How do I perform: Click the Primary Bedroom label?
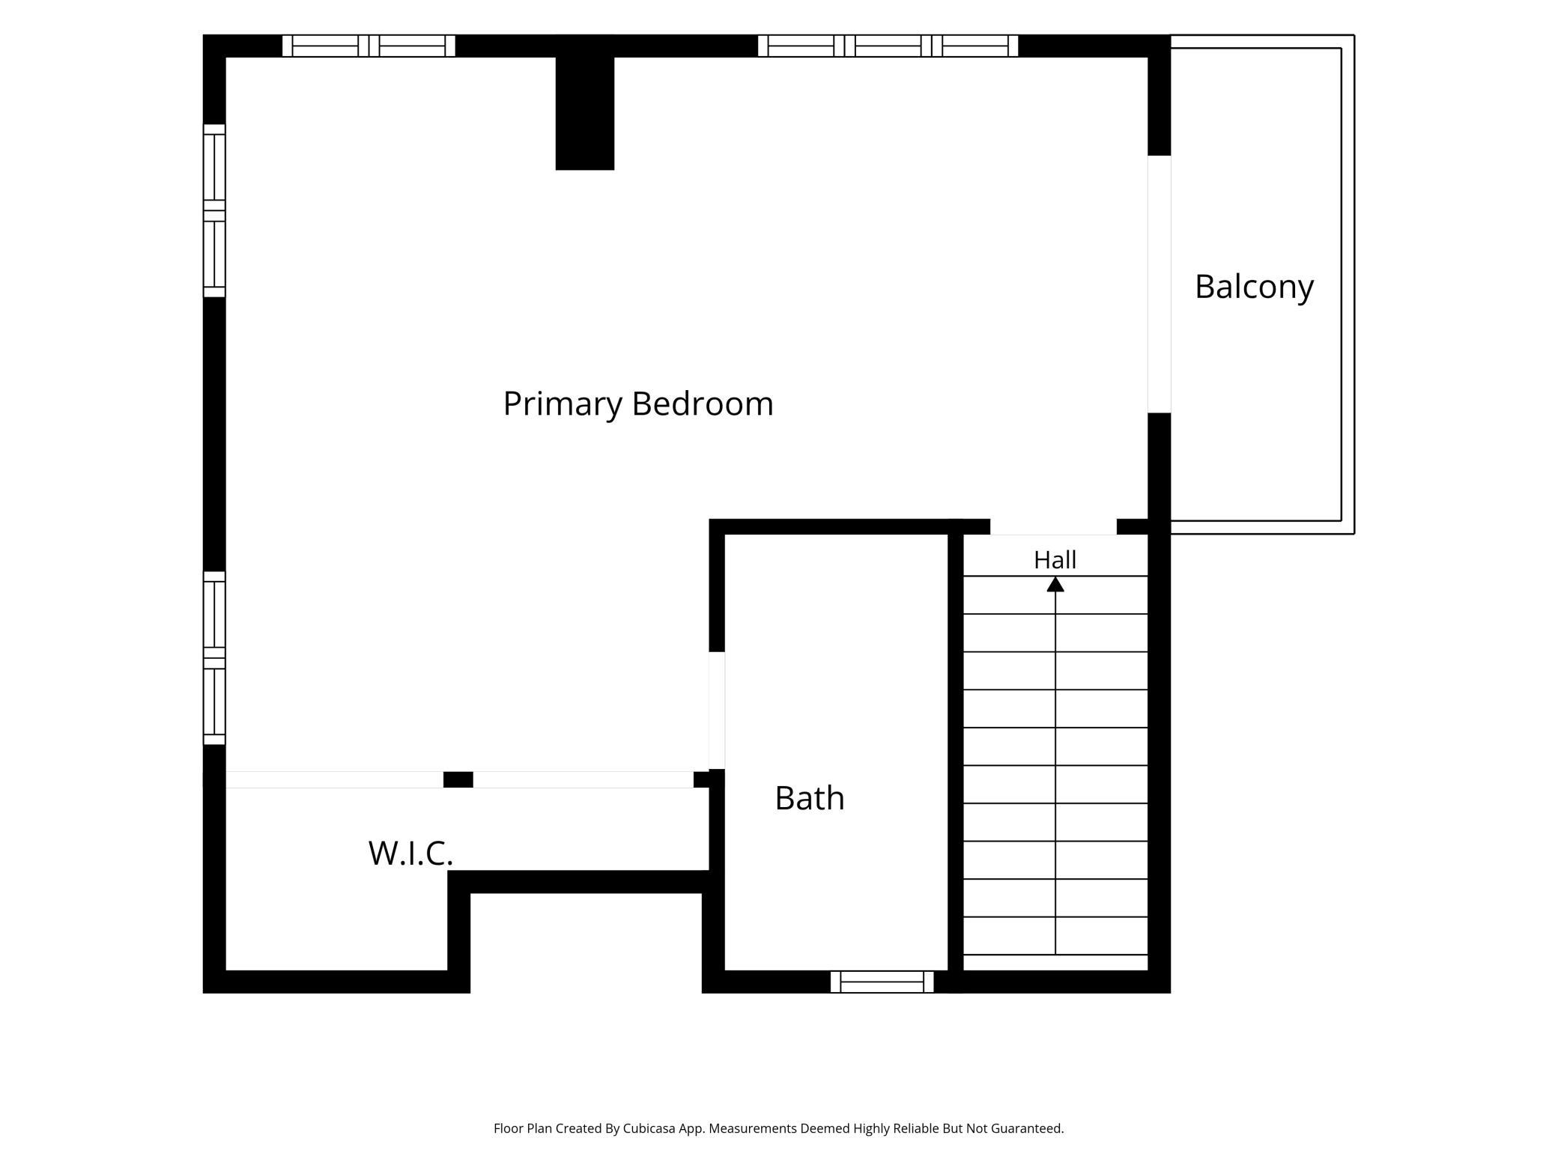638,404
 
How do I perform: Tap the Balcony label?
1254,288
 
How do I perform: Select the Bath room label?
810,798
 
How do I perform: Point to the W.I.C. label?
410,853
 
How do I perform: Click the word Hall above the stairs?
1055,560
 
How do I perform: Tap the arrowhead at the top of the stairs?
1055,584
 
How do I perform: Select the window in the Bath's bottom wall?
882,982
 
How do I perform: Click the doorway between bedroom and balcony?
1160,285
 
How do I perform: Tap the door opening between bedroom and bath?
717,711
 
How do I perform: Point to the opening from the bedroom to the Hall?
1053,526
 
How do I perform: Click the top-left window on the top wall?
369,46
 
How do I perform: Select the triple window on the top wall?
888,46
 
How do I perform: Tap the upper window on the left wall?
214,210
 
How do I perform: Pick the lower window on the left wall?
214,658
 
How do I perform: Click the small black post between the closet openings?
458,779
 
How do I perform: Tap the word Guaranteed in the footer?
1027,1128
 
